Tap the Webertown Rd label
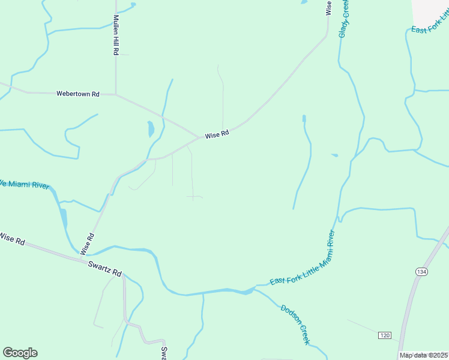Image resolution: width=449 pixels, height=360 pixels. click(77, 94)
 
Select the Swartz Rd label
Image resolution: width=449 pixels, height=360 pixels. click(105, 268)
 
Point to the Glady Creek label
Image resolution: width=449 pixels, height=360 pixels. click(344, 19)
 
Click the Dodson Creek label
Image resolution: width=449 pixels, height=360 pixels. click(295, 324)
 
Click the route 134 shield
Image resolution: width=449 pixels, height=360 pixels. click(421, 272)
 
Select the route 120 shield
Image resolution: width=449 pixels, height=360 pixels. click(384, 334)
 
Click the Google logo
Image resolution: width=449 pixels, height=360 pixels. click(20, 353)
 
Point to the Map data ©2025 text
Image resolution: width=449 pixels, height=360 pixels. click(423, 355)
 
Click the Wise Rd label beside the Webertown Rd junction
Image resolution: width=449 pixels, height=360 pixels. click(217, 135)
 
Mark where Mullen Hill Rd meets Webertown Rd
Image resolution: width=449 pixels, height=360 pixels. click(116, 94)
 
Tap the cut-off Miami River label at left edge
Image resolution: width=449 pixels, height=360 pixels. click(24, 184)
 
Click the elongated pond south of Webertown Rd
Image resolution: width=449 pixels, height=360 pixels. click(151, 128)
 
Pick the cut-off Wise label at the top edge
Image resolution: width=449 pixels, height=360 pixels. click(328, 7)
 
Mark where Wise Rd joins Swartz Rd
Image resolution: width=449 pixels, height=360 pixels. click(82, 258)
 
